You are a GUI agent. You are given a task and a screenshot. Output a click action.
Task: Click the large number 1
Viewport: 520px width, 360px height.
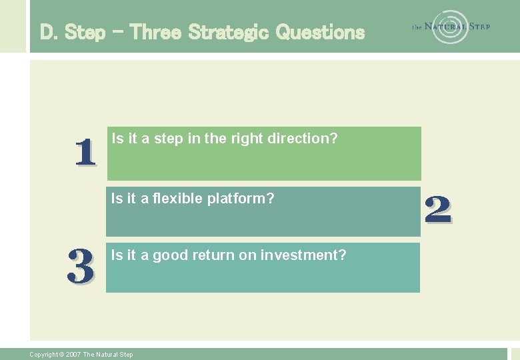click(85, 153)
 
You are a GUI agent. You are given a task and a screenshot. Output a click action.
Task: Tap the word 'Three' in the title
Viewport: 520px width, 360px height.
click(156, 31)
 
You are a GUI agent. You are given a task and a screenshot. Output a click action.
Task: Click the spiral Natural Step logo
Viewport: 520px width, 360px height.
click(451, 27)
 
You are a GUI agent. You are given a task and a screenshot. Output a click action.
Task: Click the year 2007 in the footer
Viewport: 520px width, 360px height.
click(73, 355)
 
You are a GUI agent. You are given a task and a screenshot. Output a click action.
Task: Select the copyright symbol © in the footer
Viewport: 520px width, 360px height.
click(61, 355)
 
